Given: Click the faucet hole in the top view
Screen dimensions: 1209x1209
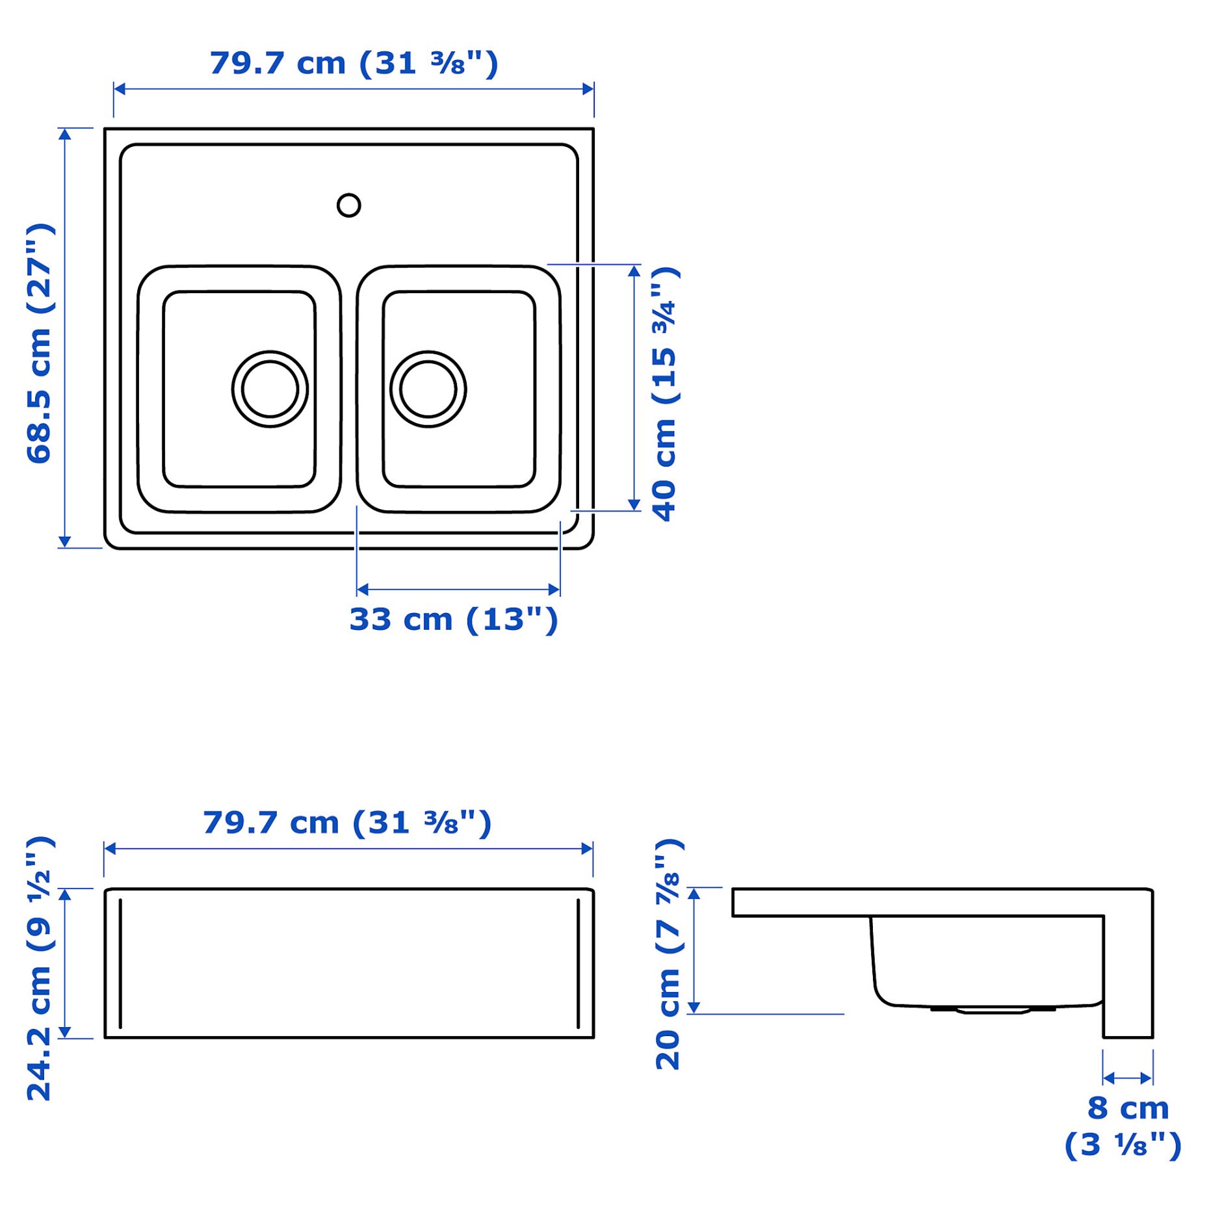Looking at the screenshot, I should pos(348,205).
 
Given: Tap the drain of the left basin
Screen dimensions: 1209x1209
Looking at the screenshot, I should pos(270,389).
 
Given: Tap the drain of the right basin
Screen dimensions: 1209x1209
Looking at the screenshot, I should pos(428,389).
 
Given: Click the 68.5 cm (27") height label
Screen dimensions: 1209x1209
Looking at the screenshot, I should pos(39,343).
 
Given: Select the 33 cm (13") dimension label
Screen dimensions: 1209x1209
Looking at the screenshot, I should pos(453,619).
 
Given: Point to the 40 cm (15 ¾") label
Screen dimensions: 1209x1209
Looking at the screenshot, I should pos(664,393).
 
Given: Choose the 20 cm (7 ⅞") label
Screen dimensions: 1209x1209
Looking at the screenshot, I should pos(668,954).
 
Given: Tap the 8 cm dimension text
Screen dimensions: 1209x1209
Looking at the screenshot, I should pos(1128,1108).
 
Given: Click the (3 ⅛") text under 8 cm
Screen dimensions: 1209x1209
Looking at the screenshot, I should pos(1123,1145).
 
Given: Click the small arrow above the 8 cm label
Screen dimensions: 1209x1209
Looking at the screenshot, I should pos(1128,1079).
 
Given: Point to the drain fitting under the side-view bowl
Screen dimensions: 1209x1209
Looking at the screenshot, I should pos(993,1009).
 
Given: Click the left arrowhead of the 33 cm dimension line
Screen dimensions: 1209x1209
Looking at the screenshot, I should pos(363,590).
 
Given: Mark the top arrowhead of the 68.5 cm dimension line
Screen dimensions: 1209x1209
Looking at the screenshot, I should pos(64,134).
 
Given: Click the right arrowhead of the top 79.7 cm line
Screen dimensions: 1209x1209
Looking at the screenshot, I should pos(588,89).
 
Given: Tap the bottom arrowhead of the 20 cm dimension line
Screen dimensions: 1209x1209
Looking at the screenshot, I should pos(694,1007).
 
